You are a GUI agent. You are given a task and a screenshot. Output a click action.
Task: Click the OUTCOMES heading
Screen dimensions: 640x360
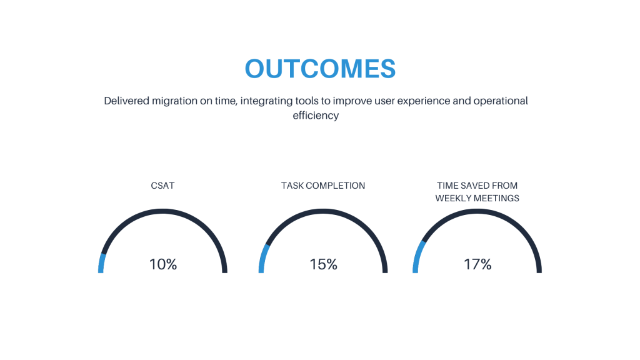tap(320, 69)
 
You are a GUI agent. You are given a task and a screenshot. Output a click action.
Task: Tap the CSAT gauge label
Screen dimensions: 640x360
tap(162, 186)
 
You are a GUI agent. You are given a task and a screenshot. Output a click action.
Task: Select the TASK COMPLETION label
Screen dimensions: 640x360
tap(323, 186)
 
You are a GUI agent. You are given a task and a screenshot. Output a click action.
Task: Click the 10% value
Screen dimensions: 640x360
tap(163, 264)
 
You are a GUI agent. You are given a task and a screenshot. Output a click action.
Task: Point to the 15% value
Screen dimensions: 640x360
tap(323, 264)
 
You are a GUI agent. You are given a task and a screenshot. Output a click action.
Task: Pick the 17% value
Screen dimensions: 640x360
tap(477, 264)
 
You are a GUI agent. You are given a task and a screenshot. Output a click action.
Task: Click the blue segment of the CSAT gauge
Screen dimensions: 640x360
tap(102, 263)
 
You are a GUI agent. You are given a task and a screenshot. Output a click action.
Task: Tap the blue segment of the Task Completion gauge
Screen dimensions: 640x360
tap(263, 258)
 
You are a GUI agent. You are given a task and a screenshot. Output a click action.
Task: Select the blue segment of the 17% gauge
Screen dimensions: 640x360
tap(418, 256)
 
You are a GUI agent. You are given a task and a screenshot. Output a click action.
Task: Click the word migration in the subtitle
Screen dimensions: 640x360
tap(174, 101)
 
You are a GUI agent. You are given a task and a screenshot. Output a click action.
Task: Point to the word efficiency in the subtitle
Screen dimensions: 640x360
tap(316, 116)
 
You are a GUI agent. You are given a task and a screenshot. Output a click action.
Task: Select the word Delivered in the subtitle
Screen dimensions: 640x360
tap(126, 101)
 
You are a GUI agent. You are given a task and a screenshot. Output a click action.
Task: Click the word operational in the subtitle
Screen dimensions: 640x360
tap(501, 101)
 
